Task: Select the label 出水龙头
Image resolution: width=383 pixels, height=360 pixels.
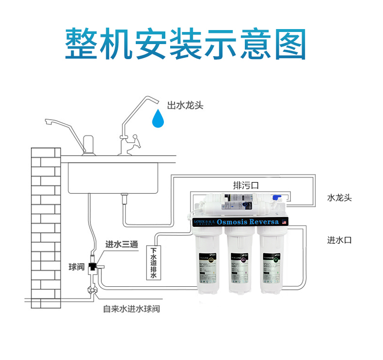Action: [185, 106]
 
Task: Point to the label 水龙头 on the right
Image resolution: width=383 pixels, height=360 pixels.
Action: [339, 198]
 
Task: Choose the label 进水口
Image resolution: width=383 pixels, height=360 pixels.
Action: [339, 240]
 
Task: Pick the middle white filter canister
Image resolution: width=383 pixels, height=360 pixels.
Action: [241, 262]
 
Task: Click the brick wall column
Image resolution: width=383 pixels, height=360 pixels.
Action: [46, 223]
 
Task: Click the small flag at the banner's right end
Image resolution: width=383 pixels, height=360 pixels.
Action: [285, 222]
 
